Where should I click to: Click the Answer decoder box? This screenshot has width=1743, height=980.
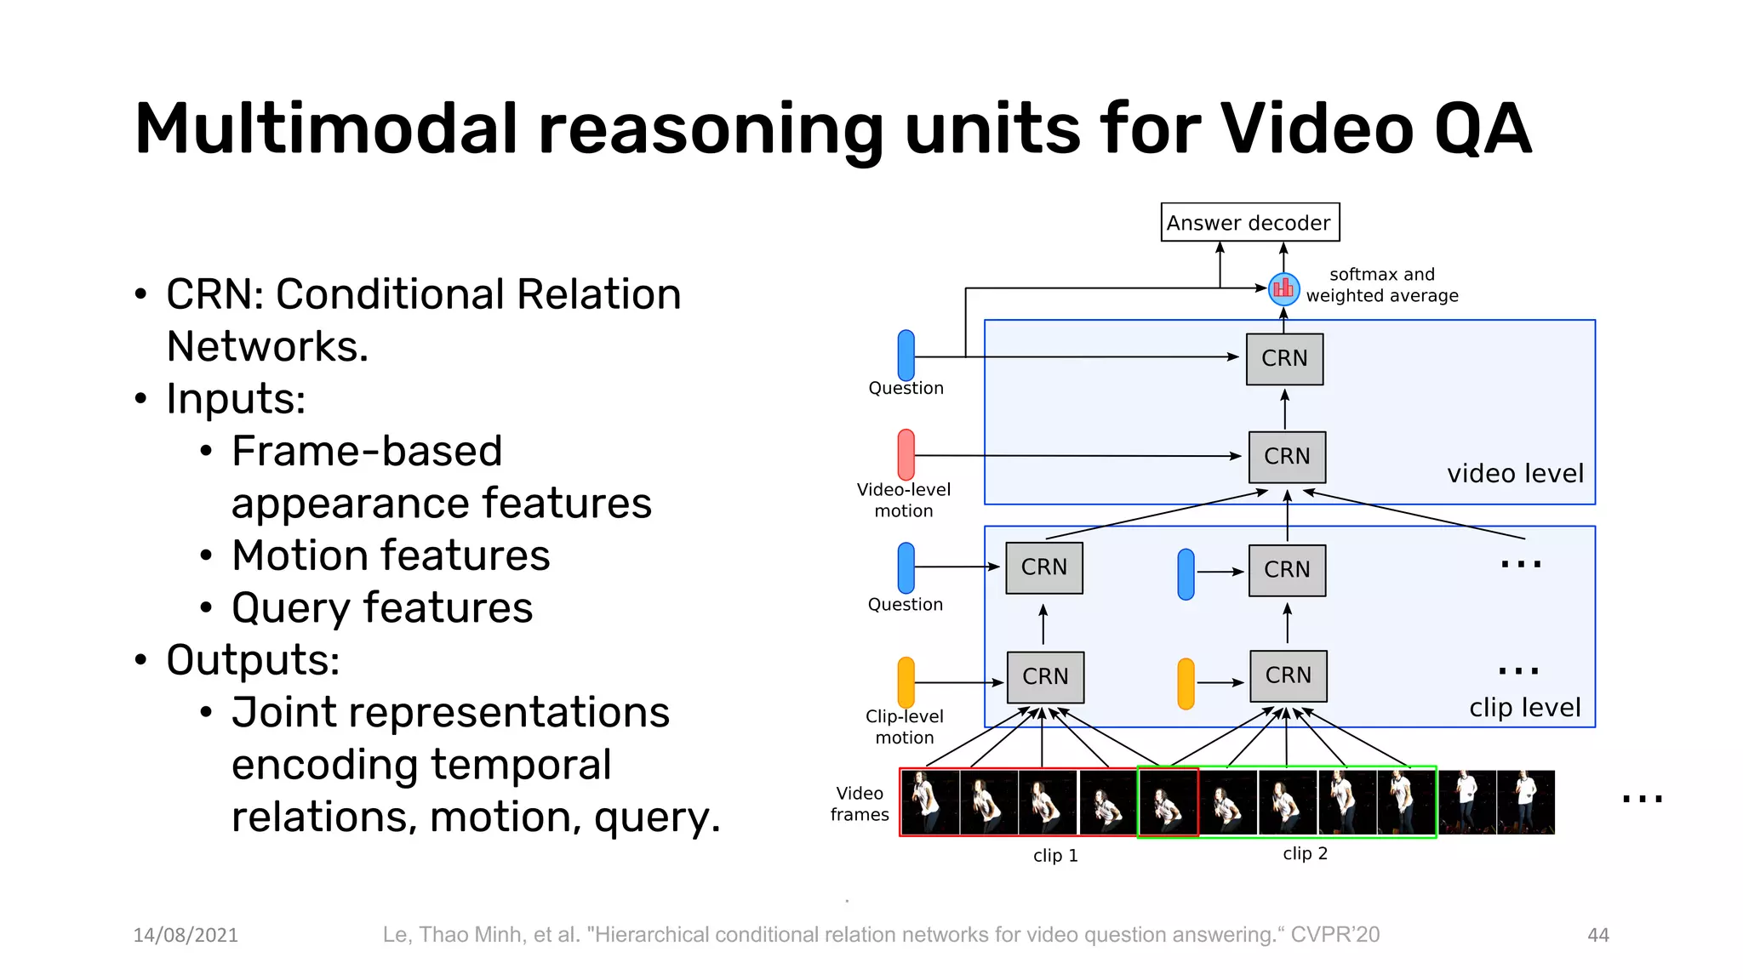[1249, 222]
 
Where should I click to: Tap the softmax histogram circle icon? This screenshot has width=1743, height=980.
[1283, 289]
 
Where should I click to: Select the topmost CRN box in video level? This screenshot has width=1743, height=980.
[1284, 358]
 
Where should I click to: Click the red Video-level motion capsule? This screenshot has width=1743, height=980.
[906, 454]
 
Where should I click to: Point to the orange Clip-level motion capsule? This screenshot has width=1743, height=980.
[906, 682]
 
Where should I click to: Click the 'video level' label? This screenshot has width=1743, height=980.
[1515, 474]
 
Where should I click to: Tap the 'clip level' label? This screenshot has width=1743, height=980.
[1524, 708]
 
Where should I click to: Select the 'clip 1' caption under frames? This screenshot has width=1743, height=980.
[1055, 856]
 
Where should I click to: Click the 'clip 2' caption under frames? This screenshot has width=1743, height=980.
[1305, 853]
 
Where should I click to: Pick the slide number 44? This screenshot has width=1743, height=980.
[1597, 935]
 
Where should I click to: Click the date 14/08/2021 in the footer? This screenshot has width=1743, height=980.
[186, 935]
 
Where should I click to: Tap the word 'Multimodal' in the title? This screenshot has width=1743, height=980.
[325, 129]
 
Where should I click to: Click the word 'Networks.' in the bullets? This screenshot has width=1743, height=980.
[267, 347]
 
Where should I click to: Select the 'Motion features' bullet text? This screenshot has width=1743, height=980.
[391, 556]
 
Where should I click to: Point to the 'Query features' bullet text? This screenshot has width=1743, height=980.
[382, 608]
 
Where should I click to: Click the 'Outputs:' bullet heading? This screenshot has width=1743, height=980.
[253, 660]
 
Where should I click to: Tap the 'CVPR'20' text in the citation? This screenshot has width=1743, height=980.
[1334, 935]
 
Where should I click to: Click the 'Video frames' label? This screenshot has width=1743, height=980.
[860, 804]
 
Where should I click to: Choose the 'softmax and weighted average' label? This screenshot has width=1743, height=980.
[1381, 285]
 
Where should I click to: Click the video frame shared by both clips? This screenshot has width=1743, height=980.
[1168, 802]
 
